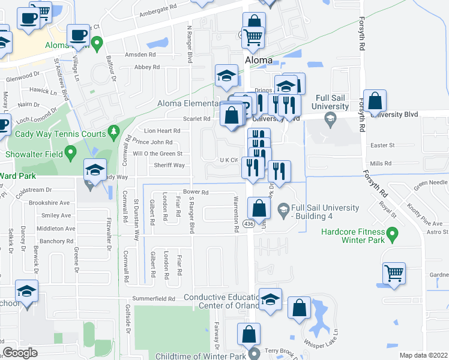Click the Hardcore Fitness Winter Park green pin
[x=393, y=232]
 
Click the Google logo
[x=20, y=353]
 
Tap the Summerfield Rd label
[x=154, y=298]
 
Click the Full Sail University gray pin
[x=330, y=121]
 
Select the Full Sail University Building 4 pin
[x=283, y=209]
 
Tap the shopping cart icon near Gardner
[x=394, y=272]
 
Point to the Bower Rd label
[x=196, y=193]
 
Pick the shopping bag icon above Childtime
[x=249, y=334]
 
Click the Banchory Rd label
[x=57, y=242]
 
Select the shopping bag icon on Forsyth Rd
[x=375, y=103]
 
